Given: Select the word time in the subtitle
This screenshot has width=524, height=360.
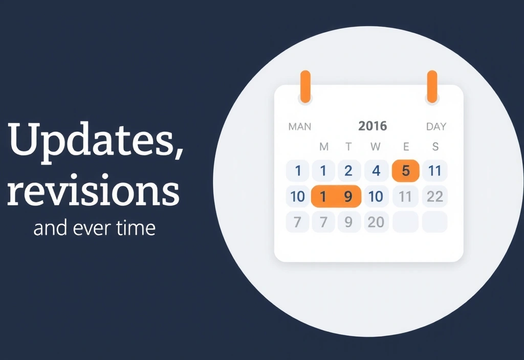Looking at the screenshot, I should [137, 228].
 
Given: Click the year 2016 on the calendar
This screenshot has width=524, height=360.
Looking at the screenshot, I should [373, 126].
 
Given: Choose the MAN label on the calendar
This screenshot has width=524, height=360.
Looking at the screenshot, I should [300, 126].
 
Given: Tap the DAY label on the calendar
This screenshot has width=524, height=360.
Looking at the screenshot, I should [436, 126].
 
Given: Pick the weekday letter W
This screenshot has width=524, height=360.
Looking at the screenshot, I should [376, 147].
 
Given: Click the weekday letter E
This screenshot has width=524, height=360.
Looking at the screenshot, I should [406, 147].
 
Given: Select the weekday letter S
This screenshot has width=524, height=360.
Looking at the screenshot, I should [435, 147].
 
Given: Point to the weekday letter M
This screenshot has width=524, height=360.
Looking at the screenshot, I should [324, 147].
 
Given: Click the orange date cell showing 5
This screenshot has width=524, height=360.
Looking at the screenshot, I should [406, 170].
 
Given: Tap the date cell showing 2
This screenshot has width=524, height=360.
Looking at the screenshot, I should [348, 171].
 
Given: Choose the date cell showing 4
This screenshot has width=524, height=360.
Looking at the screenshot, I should [376, 171].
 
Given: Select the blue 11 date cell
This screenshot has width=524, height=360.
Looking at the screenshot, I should [435, 171].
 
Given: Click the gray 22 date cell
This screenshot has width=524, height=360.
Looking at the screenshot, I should [435, 196].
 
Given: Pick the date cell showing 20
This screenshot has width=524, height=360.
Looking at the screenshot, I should [376, 222].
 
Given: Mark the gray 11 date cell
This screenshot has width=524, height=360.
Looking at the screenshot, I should [406, 196].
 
